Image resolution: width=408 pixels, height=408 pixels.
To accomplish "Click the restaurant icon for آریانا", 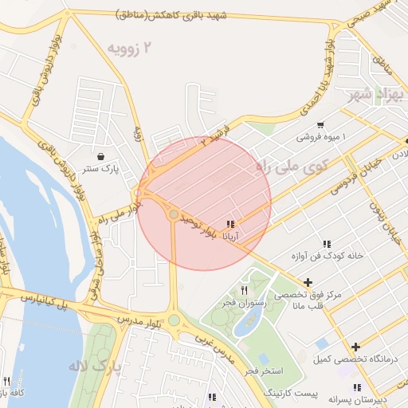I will pyautogui.click(x=231, y=225).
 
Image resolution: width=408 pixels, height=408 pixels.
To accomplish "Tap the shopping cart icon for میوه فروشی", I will pyautogui.click(x=320, y=124).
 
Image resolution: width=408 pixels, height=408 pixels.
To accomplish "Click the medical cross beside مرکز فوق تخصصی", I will pyautogui.click(x=308, y=282).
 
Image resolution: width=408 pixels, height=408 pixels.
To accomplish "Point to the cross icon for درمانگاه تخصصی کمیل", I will pyautogui.click(x=355, y=347).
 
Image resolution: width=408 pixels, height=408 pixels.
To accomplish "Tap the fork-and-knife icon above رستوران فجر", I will pyautogui.click(x=245, y=290).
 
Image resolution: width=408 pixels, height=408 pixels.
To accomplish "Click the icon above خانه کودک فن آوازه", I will pyautogui.click(x=327, y=244).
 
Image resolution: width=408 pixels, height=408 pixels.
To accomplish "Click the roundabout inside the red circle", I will pyautogui.click(x=174, y=214).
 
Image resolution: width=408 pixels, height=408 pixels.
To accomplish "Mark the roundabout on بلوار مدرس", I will pyautogui.click(x=174, y=320).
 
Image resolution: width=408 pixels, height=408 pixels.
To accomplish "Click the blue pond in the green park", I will pyautogui.click(x=248, y=323).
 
